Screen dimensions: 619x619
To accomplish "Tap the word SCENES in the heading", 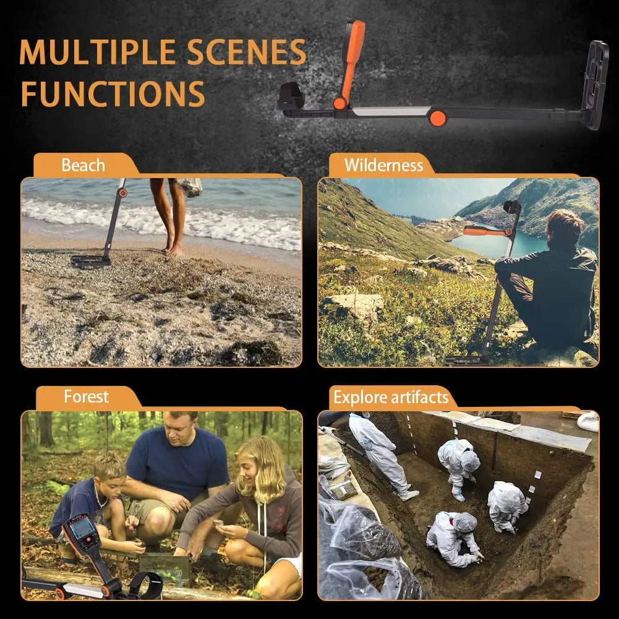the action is [x=246, y=52].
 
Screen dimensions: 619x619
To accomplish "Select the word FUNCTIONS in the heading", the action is [x=113, y=93].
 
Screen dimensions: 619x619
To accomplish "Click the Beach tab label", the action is [x=83, y=165].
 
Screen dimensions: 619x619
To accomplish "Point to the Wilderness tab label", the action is [x=384, y=165].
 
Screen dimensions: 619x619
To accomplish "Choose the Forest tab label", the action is [x=86, y=396].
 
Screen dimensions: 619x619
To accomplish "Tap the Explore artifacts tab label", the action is [x=391, y=397].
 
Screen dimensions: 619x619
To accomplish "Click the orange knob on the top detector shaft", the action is [x=437, y=117].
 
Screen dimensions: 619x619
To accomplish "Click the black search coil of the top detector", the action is [x=596, y=85].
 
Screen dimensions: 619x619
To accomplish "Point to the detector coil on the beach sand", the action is [x=90, y=262].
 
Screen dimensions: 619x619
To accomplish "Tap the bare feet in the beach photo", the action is [x=174, y=248].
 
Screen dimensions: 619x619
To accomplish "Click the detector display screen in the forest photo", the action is [x=82, y=527].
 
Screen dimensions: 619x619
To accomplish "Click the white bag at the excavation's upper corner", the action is [x=588, y=421].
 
